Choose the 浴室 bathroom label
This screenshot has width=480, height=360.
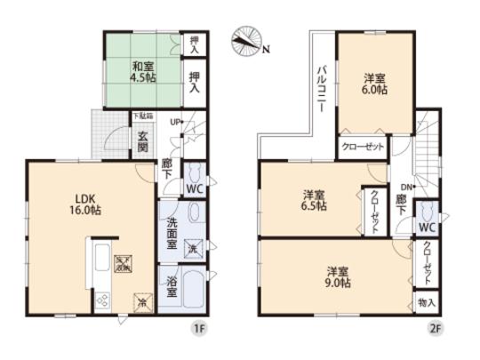pyautogui.click(x=172, y=288)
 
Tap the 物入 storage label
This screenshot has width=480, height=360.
pyautogui.click(x=427, y=303)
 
